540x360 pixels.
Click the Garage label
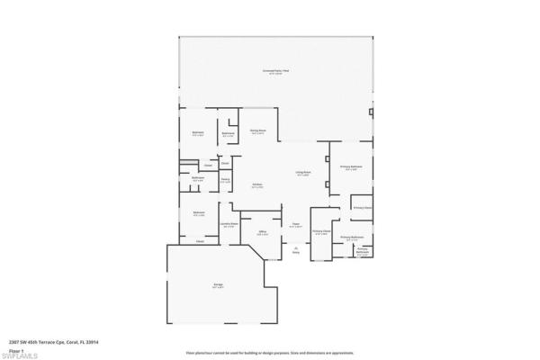218,285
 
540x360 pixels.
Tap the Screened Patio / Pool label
276,71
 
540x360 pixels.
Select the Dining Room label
257,131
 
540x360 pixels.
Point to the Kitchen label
257,185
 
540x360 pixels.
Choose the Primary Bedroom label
350,167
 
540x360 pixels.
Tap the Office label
263,232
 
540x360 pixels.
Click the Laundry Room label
229,224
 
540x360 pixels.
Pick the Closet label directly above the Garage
200,241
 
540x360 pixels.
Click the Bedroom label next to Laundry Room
198,213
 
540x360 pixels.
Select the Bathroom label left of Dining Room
229,134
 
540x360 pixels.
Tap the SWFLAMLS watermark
19,356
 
